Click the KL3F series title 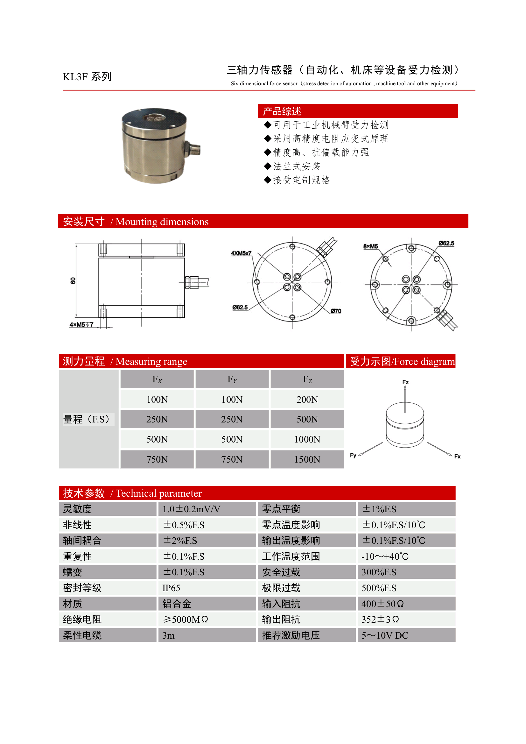[87, 77]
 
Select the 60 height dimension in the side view [73, 280]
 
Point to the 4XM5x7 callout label [241, 253]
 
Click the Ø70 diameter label [336, 311]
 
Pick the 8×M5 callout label [370, 246]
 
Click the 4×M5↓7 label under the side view [81, 324]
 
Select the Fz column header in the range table [307, 379]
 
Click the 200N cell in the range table [307, 399]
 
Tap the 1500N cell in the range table [307, 459]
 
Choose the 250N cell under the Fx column [157, 419]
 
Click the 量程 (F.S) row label [87, 419]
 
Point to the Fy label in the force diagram [353, 455]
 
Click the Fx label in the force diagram [457, 456]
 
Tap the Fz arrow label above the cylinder [405, 382]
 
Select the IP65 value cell [171, 588]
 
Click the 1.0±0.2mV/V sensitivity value [191, 509]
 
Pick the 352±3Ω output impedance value [380, 619]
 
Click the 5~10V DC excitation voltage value [385, 635]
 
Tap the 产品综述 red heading [282, 111]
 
